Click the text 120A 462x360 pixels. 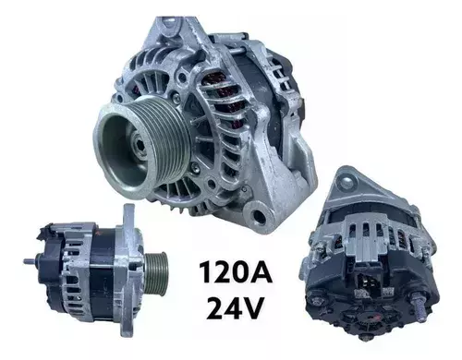pos(236,272)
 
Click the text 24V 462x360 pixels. pos(235,306)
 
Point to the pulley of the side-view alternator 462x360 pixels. pos(155,272)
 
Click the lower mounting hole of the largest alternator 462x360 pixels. pos(259,217)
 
